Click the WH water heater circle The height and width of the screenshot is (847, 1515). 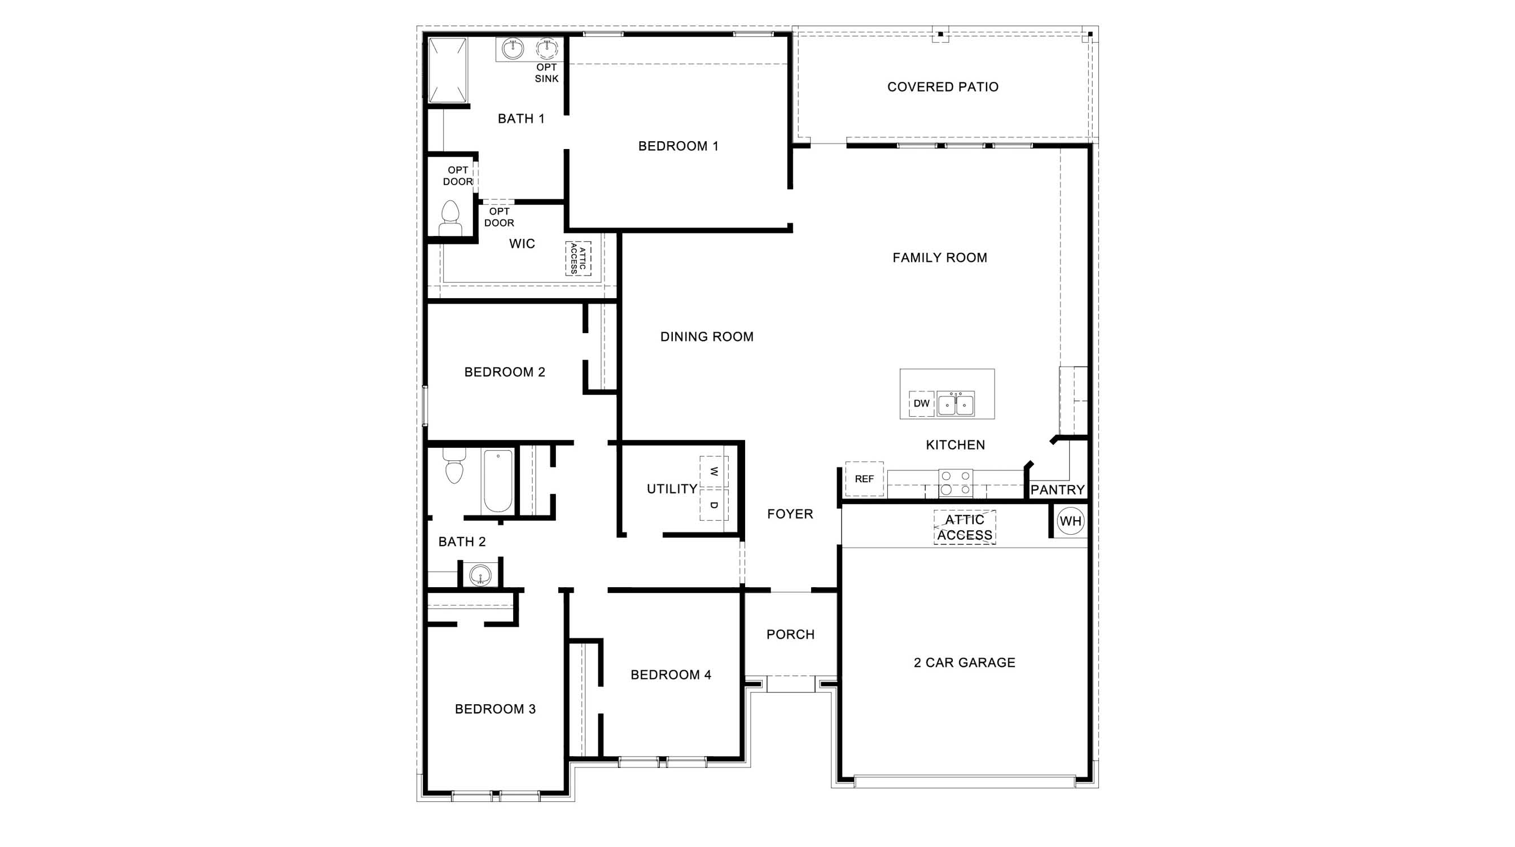tap(1070, 521)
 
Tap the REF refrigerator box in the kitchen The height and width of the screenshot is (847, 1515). tap(864, 479)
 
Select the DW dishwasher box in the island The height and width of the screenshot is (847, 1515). tap(921, 404)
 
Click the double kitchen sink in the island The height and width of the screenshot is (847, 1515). tap(956, 404)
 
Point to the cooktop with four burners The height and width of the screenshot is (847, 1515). tap(955, 483)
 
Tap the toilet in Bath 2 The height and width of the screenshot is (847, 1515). tap(453, 466)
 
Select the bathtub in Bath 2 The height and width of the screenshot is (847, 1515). tap(497, 481)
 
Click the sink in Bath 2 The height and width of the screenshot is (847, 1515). tap(480, 575)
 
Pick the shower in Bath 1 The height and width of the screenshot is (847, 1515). tap(448, 70)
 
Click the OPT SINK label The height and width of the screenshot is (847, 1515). tap(546, 73)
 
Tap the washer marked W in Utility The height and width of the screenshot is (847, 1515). tap(714, 471)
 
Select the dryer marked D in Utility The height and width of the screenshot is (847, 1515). tap(714, 505)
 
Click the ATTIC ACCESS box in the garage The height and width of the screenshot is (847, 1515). tap(965, 527)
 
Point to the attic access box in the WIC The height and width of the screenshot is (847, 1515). tap(578, 259)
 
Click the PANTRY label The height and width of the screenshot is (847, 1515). tap(1057, 490)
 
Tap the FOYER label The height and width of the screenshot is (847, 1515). tap(790, 514)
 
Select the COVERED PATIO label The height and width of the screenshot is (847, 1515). tap(943, 87)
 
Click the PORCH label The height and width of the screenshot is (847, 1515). tap(790, 635)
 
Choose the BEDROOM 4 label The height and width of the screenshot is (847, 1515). tap(671, 675)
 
